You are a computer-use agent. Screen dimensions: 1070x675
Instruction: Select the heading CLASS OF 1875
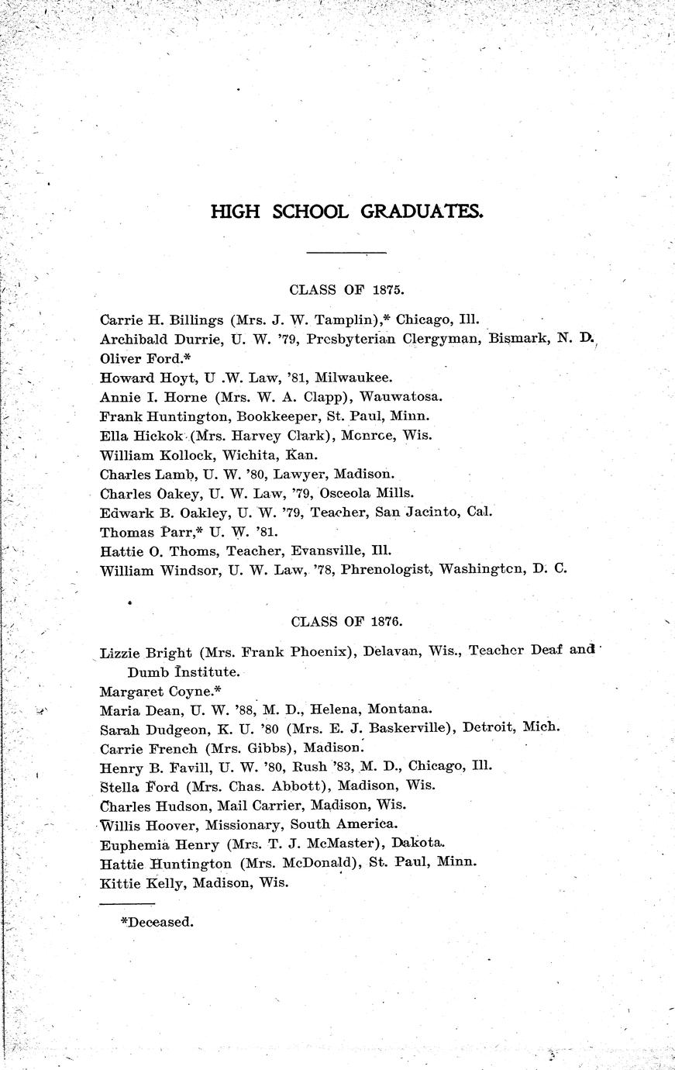coord(347,290)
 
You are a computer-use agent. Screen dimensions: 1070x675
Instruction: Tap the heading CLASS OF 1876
coord(347,621)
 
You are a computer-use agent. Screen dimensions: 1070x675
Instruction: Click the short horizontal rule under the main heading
coord(346,253)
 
